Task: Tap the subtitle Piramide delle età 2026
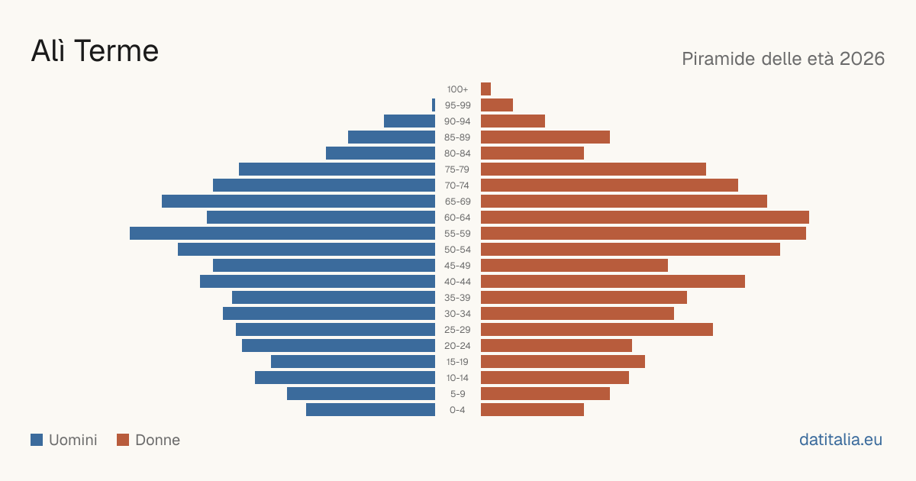pos(783,59)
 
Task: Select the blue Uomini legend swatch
pos(37,440)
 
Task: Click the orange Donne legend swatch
pos(123,440)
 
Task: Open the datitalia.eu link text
pos(840,440)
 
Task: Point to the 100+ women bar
pos(485,89)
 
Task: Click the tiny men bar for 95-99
pos(434,105)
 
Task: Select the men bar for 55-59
pos(282,233)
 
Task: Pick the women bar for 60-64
pos(645,217)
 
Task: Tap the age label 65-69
pos(457,202)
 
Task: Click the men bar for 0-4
pos(370,410)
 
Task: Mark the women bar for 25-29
pos(597,330)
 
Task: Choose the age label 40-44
pos(457,282)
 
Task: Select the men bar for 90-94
pos(409,121)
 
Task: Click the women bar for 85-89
pos(546,137)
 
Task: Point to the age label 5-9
pos(457,394)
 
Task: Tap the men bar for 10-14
pos(345,377)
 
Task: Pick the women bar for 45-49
pos(574,266)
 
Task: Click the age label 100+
pos(457,89)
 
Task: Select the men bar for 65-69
pos(298,202)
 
